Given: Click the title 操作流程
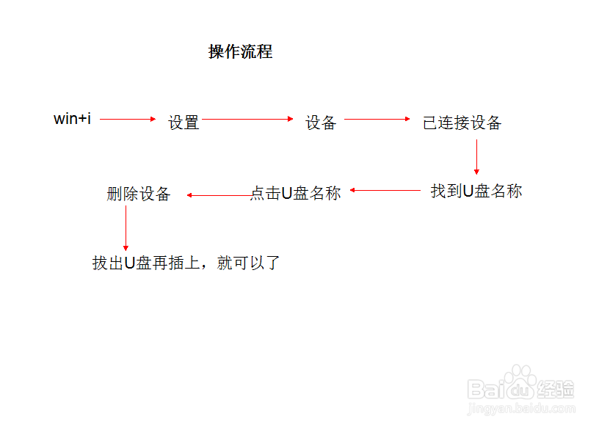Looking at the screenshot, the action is click(240, 52).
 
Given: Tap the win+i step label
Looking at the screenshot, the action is click(72, 119).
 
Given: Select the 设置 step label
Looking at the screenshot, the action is click(184, 123).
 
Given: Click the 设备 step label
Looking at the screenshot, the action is click(321, 123).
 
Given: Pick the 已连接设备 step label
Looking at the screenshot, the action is click(462, 123).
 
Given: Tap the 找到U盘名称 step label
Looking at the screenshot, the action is click(476, 192).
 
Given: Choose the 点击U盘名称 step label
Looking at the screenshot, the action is click(296, 194).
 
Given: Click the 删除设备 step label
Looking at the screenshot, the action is click(138, 194).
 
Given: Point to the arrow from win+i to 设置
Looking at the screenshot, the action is click(128, 119).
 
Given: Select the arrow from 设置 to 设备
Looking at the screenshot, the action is click(247, 119).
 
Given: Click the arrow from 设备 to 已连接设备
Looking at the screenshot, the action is click(377, 119).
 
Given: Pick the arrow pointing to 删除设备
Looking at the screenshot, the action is click(219, 195).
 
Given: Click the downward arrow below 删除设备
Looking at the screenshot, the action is click(126, 228).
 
